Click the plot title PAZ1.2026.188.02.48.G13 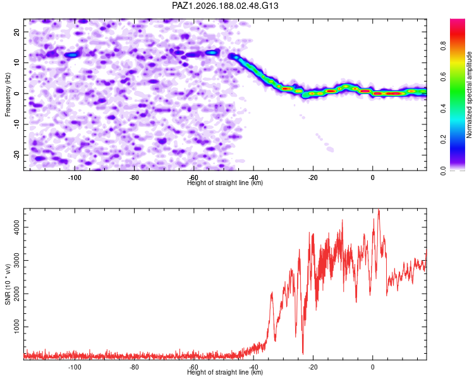click(225, 6)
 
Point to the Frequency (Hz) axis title click(8, 95)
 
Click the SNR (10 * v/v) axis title click(8, 284)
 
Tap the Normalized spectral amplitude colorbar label click(469, 95)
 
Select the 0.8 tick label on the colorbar click(443, 46)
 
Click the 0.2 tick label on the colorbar click(443, 140)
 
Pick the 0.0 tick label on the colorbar click(443, 171)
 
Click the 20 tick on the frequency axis click(16, 32)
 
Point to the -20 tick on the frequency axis click(16, 155)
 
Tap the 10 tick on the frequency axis click(16, 63)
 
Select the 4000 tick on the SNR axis click(16, 227)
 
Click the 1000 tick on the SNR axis click(16, 327)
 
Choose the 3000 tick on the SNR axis click(16, 260)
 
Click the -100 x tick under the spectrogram click(75, 177)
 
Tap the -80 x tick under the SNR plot click(134, 367)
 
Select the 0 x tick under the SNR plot click(373, 367)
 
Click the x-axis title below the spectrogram click(225, 183)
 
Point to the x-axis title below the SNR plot click(225, 372)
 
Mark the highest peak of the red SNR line click(379, 210)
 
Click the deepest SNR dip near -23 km click(303, 353)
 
